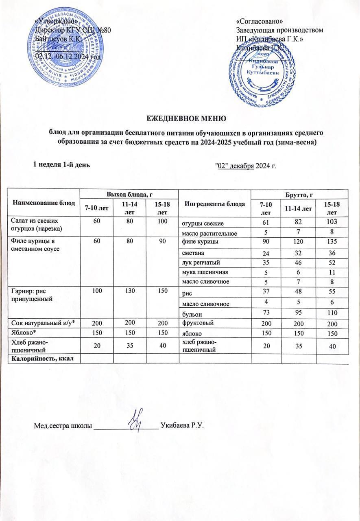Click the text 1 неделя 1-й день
point(61,164)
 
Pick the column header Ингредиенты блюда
point(215,204)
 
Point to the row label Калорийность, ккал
point(44,358)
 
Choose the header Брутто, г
point(300,194)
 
